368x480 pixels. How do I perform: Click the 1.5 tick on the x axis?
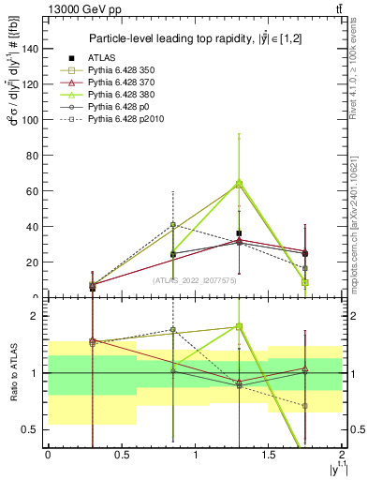[268, 455]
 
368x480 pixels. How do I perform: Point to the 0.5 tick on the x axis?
[121, 455]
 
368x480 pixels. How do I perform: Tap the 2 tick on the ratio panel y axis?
[38, 316]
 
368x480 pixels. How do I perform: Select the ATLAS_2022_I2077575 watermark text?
[195, 279]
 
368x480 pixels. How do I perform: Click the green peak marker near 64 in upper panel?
[240, 184]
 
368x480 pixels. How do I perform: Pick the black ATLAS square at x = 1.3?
[240, 233]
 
